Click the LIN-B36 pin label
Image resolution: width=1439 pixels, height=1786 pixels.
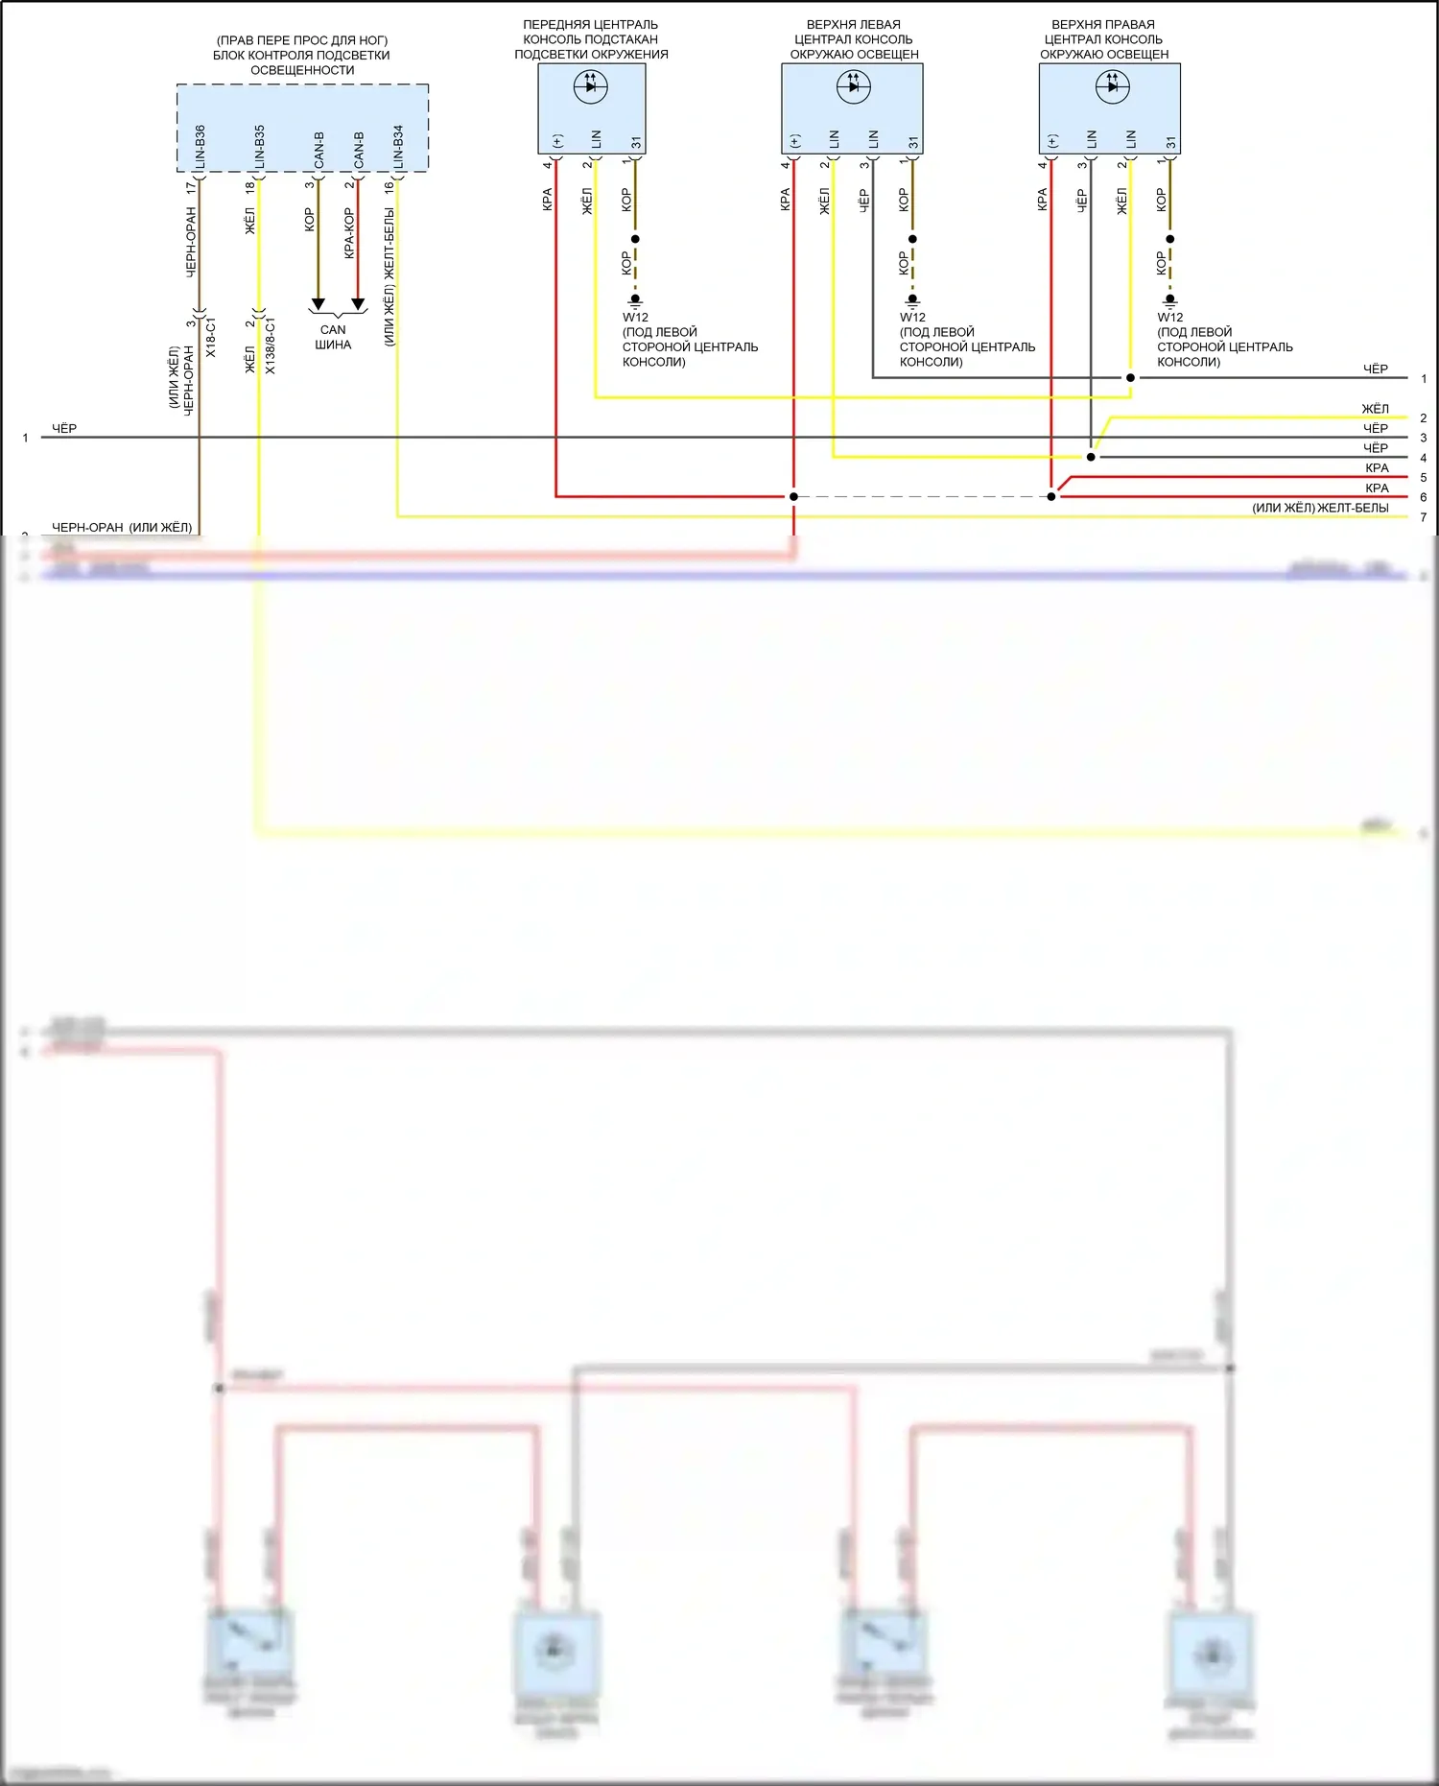200,147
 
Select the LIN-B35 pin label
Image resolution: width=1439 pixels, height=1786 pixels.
259,147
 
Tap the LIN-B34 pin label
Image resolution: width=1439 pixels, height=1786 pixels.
398,147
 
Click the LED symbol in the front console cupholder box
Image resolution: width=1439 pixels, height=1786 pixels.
590,86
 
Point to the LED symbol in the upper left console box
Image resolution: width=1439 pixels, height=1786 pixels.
853,86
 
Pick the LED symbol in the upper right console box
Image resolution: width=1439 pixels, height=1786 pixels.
1112,86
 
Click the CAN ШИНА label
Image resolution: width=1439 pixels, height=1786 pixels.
333,337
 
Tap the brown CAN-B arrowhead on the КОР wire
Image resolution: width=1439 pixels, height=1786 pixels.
318,304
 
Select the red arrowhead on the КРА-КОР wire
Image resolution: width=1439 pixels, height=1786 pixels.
358,304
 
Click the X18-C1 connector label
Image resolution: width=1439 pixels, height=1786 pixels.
211,338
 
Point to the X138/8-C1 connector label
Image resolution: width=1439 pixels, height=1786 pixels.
271,345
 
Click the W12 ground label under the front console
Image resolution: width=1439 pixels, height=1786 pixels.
635,317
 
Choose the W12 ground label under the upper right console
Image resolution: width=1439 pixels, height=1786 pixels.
1169,317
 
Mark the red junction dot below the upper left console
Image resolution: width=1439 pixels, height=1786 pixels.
793,496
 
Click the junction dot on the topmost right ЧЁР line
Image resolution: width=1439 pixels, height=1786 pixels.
1130,377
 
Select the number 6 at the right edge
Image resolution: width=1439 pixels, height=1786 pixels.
1423,497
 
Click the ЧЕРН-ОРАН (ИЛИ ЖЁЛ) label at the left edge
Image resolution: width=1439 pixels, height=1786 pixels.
122,527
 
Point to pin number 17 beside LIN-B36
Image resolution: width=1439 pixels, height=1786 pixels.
191,188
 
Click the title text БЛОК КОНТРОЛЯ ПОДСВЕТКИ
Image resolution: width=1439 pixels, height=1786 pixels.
301,55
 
